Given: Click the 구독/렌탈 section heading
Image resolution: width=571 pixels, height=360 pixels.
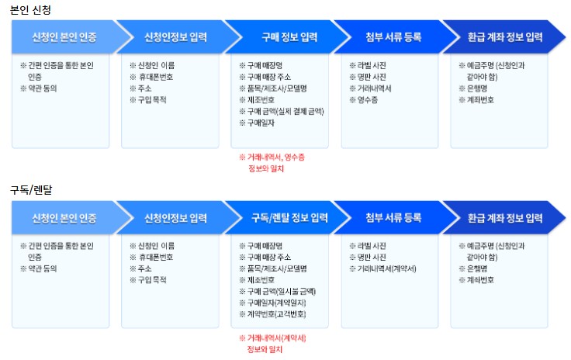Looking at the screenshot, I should [x=31, y=190].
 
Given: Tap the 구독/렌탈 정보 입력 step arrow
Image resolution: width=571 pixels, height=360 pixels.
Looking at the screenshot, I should [x=284, y=217].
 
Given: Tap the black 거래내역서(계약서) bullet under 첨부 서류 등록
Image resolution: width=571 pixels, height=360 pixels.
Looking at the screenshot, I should [x=386, y=268].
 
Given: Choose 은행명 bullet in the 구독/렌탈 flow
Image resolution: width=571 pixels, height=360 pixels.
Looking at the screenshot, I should [x=477, y=268].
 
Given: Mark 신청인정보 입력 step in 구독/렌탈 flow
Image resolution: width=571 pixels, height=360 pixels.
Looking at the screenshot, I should [x=175, y=217].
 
